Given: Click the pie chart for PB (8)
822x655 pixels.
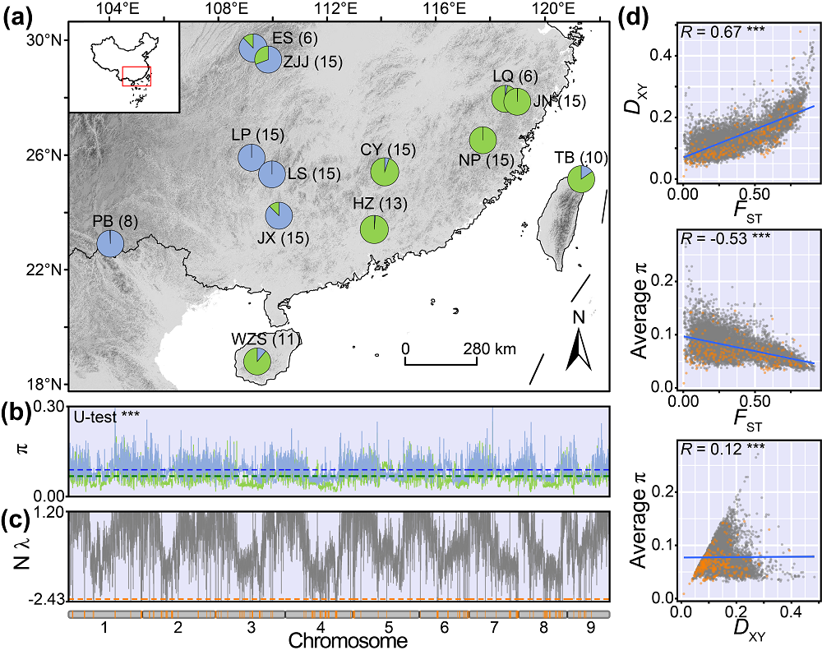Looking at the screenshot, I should tap(110, 244).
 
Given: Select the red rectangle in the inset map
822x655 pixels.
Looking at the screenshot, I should tap(136, 76).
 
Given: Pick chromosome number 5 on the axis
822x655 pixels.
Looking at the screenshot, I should tap(375, 626).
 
